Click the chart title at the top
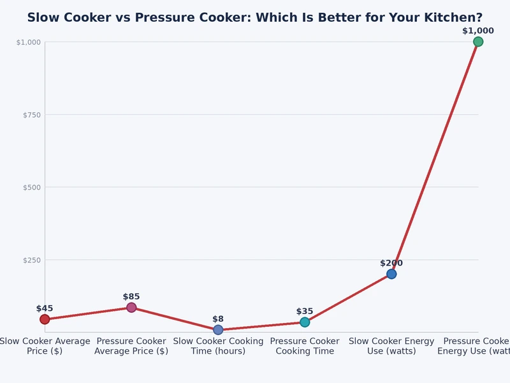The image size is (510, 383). tap(255, 18)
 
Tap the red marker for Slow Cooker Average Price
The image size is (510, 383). tap(45, 319)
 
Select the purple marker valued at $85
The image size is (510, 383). tap(131, 308)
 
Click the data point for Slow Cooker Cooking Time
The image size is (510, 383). tap(218, 330)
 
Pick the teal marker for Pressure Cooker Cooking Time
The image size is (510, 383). tap(305, 322)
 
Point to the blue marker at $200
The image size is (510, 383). tap(391, 274)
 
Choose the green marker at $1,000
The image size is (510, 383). tap(478, 41)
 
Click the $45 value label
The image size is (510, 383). tap(45, 308)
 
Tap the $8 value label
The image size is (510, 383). tap(218, 319)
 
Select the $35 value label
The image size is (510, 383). tap(305, 312)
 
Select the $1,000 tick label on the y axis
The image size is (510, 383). tap(29, 42)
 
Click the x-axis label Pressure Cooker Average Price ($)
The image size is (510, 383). tap(131, 346)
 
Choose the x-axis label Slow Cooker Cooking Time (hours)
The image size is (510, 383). tap(218, 346)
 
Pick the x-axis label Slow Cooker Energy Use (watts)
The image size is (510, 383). tap(391, 346)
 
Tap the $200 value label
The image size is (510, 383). tap(391, 263)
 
